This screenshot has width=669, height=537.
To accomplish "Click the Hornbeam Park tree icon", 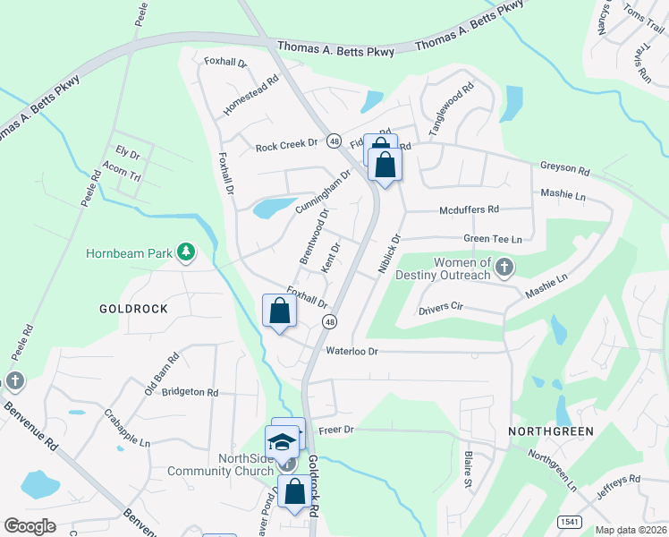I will pos(185,253).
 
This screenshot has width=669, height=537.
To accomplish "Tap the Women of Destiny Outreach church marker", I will pos(504,268).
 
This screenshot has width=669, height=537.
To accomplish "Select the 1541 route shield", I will pos(568,522).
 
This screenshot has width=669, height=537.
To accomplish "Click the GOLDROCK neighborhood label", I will pos(134,308).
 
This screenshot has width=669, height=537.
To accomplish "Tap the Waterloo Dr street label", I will pos(353,352).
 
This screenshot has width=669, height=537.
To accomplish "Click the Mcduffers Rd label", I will pos(469,210).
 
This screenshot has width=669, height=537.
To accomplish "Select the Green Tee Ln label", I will pos(492,239).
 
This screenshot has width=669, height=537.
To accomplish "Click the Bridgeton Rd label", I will pos(189,392).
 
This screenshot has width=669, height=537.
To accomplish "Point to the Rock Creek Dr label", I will pos(286,145).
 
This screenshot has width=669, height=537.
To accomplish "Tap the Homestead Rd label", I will pos(251,92).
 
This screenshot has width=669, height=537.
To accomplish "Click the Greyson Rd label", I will pos(564,168).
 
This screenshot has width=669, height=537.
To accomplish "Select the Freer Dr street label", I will pos(336,430).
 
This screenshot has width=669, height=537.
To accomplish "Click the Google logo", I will pos(30,525).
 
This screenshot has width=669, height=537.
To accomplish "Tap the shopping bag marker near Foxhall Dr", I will pos(279,311).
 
